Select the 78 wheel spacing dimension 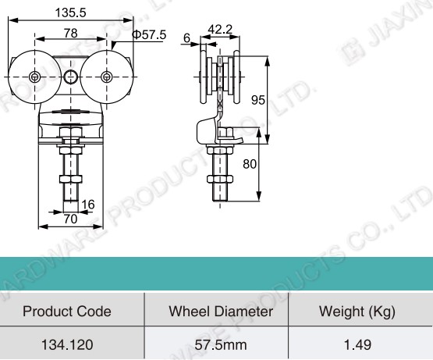click(70, 34)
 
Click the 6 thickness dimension click(186, 37)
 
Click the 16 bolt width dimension click(87, 205)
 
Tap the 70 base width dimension click(69, 220)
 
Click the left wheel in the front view click(36, 77)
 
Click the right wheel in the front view click(107, 77)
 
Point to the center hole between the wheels click(71, 76)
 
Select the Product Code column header click(67, 312)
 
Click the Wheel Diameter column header click(221, 312)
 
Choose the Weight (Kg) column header click(357, 312)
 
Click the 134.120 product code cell click(67, 344)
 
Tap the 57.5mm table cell click(221, 344)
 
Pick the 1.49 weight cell click(357, 344)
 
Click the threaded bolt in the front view click(70, 176)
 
